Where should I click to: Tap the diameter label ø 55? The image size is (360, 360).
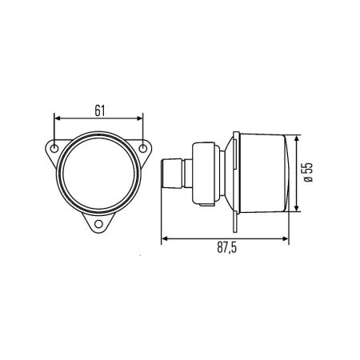(308, 174)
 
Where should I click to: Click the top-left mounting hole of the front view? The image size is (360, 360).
(54, 149)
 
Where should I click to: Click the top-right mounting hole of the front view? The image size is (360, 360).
(145, 149)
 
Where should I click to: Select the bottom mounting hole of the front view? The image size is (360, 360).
(100, 226)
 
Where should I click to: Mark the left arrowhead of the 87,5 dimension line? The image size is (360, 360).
(164, 238)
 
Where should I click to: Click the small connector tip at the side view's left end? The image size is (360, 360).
(170, 174)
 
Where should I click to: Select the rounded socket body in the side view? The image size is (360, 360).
(204, 173)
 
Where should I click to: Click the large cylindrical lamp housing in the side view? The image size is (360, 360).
(260, 174)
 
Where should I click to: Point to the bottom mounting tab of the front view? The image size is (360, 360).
(100, 223)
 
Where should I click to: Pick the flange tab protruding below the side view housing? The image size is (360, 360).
(233, 221)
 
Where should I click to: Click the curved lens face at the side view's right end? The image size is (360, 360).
(286, 174)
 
